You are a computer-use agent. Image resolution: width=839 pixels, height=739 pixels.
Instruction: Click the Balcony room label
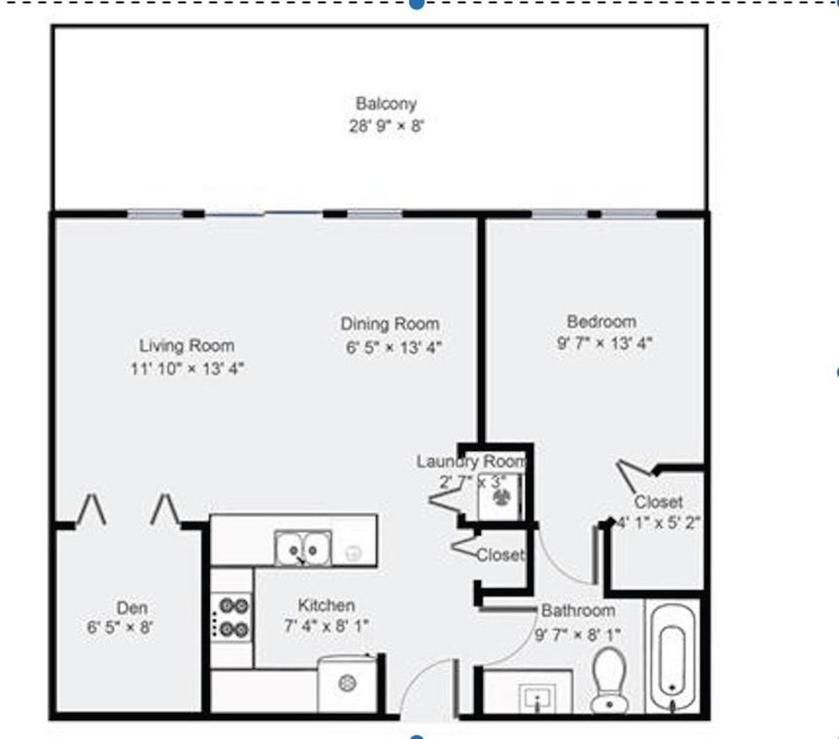click(x=385, y=103)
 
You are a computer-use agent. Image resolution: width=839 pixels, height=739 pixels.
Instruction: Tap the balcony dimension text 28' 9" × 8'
click(x=385, y=126)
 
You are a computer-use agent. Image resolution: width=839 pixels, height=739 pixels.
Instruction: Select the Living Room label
click(x=186, y=345)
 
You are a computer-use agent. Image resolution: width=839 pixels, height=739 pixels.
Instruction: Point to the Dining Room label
click(x=390, y=324)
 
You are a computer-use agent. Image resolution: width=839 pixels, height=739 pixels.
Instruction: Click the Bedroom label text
click(x=601, y=321)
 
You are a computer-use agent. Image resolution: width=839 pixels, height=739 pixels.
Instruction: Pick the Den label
click(x=132, y=608)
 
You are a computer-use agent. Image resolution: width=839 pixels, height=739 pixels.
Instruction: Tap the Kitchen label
click(x=326, y=604)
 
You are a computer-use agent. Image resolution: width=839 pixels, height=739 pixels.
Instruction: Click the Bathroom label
click(x=578, y=610)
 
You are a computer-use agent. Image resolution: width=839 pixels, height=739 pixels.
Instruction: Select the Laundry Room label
click(x=472, y=461)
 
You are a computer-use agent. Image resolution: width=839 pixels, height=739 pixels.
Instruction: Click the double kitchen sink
click(x=302, y=549)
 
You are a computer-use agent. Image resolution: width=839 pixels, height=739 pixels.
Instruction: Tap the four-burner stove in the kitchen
click(x=233, y=617)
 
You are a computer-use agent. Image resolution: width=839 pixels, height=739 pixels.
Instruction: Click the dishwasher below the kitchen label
click(x=349, y=683)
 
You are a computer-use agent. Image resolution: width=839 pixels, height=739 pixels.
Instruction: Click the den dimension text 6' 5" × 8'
click(x=121, y=627)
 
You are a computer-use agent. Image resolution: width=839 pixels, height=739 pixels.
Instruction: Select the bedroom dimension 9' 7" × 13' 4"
click(x=605, y=344)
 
